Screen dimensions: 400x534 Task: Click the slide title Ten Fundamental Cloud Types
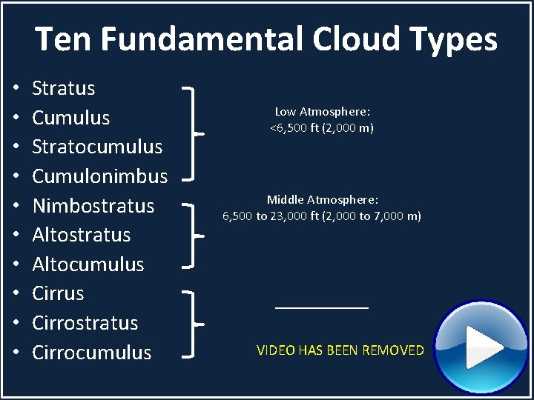pos(266,39)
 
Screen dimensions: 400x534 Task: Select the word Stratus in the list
pos(64,88)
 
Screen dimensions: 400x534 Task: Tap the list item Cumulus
pos(71,118)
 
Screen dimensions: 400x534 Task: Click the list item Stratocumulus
pos(97,147)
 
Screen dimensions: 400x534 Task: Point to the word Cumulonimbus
pos(100,176)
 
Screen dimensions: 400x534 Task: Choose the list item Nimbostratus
pos(93,205)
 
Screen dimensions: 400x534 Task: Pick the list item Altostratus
pos(82,235)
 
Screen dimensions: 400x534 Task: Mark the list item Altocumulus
pos(88,264)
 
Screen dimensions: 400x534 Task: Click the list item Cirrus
pos(59,293)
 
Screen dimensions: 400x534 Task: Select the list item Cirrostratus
pos(85,323)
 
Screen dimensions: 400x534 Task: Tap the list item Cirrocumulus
pos(92,353)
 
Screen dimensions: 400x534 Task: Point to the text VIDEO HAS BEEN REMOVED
pos(340,350)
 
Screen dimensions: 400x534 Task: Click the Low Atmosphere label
pos(323,112)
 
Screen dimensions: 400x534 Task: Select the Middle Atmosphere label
pos(323,200)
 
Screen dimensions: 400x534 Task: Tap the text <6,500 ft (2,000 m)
pos(322,128)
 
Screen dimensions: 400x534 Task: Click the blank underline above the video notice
pos(322,307)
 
